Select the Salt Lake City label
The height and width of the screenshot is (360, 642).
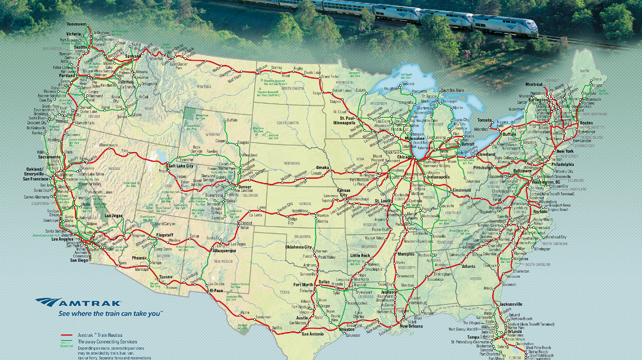(181, 165)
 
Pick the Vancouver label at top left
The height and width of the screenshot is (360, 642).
(77, 24)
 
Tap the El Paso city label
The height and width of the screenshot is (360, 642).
(216, 290)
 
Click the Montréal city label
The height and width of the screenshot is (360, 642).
(534, 84)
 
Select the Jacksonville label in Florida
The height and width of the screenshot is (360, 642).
(511, 304)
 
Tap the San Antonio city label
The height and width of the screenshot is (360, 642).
(312, 334)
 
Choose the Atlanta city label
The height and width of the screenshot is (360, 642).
(468, 266)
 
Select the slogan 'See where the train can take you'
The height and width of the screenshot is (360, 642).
(110, 313)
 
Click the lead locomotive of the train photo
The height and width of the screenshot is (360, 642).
(504, 25)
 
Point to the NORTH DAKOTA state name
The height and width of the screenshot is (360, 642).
(293, 88)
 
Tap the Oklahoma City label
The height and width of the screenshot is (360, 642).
(298, 247)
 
